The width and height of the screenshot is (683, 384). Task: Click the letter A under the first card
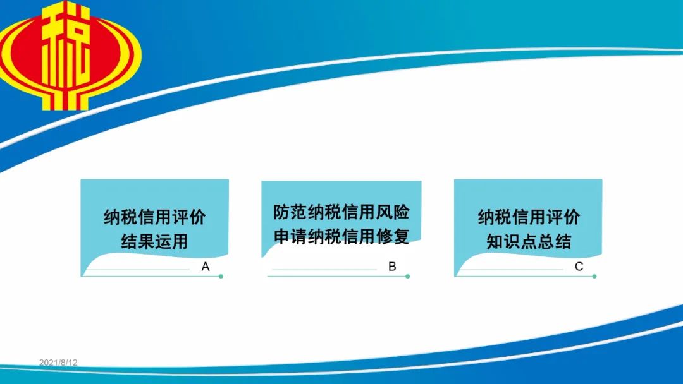coord(206,267)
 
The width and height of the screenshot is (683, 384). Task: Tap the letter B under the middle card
coord(392,267)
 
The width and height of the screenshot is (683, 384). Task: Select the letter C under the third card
coord(579,267)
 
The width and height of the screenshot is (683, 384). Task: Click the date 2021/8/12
coord(58,363)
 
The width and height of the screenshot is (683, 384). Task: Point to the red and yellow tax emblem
coord(70,55)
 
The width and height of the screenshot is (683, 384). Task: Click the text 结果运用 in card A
coord(155,241)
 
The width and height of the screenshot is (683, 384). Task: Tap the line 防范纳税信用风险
coord(341,212)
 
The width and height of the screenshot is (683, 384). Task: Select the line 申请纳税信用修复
coord(341,237)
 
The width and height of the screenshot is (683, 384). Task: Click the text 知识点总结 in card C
coord(529,241)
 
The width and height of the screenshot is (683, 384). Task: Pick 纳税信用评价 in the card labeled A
coord(155,217)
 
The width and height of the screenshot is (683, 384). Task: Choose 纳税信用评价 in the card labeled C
coord(529,217)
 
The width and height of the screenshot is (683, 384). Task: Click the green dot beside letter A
coord(221,276)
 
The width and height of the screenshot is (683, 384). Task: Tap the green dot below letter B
coord(408,276)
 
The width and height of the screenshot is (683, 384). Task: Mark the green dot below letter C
coord(594,276)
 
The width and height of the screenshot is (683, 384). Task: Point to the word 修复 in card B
coord(393,237)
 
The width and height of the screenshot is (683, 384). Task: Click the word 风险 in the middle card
coord(393,212)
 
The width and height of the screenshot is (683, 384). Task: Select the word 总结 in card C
coord(555,241)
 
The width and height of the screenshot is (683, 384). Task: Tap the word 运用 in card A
coord(171,241)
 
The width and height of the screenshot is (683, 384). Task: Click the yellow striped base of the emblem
coord(65,99)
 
